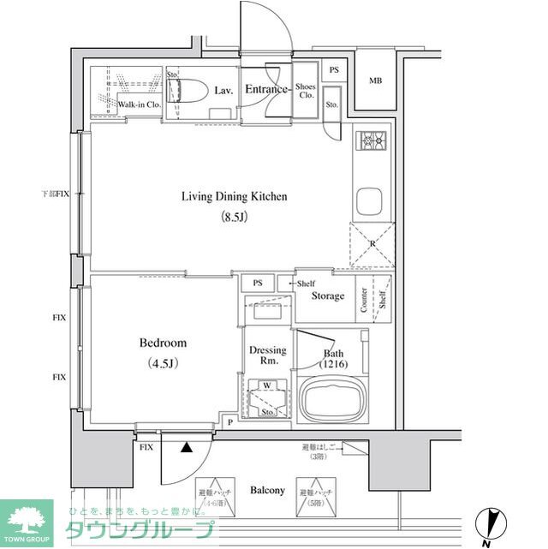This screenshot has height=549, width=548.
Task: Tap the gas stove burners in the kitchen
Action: (x=372, y=140)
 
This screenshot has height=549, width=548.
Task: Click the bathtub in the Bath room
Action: (x=330, y=398)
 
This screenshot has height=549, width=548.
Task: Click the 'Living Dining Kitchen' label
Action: (x=234, y=196)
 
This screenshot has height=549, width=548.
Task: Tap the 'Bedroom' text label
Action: (x=163, y=343)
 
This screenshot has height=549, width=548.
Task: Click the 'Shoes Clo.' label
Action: (x=306, y=90)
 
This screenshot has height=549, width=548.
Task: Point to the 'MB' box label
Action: (x=375, y=81)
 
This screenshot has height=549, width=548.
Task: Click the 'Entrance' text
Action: (x=265, y=88)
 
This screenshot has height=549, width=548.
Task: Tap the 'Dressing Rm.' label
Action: (x=267, y=355)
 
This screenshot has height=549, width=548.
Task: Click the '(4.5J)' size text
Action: (x=162, y=363)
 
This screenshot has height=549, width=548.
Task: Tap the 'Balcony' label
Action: (x=267, y=490)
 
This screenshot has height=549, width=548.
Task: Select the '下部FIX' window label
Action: (x=56, y=195)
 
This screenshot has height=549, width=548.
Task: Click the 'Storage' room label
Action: (x=328, y=296)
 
